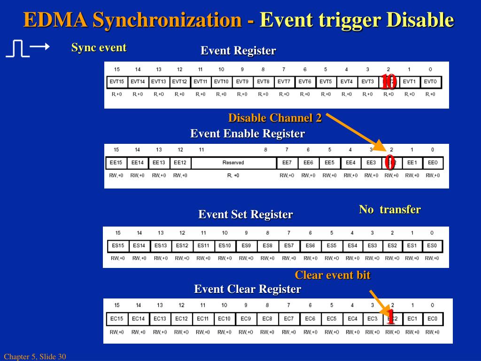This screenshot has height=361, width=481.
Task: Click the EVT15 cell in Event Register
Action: point(116,82)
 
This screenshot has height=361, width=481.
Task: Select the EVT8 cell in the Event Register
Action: point(263,82)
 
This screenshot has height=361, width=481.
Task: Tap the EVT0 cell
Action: point(430,82)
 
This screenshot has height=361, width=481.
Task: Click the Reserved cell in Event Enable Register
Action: point(233,163)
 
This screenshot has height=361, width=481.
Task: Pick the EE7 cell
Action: point(287,163)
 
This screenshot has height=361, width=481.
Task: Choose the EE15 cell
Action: point(116,163)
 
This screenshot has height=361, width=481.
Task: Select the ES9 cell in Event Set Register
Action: point(246,245)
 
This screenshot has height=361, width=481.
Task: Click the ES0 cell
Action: point(432,245)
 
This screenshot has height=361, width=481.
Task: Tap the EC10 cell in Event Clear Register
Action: point(224,319)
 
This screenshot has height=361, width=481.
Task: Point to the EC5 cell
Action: point(332,319)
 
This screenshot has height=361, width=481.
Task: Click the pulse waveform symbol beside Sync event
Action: point(18,48)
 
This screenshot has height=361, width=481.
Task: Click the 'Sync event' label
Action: point(99,47)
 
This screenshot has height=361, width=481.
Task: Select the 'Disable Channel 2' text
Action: point(275,118)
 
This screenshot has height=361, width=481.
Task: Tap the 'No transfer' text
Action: point(390,210)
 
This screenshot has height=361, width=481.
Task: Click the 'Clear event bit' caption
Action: point(333,275)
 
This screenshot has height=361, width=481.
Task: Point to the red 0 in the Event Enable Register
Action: point(389,163)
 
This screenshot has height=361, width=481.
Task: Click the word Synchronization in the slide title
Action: point(167,20)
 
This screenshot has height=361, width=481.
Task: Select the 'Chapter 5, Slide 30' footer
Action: point(35,357)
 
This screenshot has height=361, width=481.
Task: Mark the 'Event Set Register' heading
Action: point(245,215)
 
